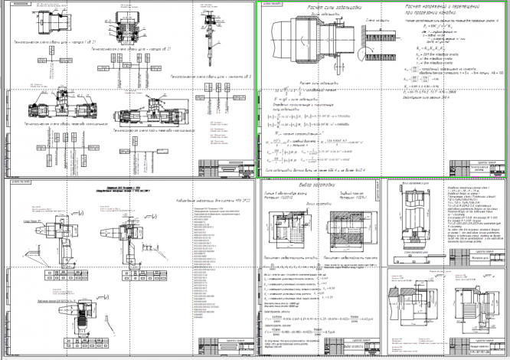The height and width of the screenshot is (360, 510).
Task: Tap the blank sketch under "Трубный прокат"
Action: coord(352,229)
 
